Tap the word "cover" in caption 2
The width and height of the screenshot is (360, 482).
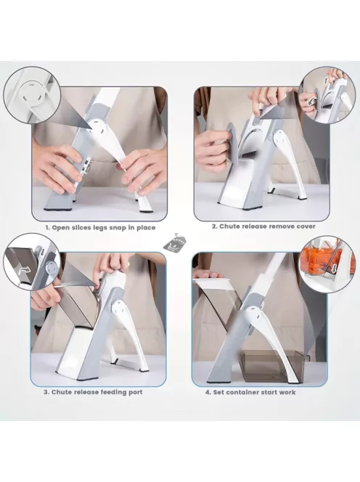click(x=306, y=226)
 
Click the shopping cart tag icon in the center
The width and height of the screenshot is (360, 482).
click(x=174, y=243)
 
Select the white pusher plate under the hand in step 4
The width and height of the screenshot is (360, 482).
click(x=212, y=284)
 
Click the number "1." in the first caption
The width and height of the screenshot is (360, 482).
click(x=48, y=228)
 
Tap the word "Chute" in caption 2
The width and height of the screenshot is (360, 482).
click(x=229, y=226)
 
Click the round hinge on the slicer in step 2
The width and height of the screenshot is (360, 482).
click(x=282, y=139)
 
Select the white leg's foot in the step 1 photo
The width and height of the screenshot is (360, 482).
click(x=145, y=207)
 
